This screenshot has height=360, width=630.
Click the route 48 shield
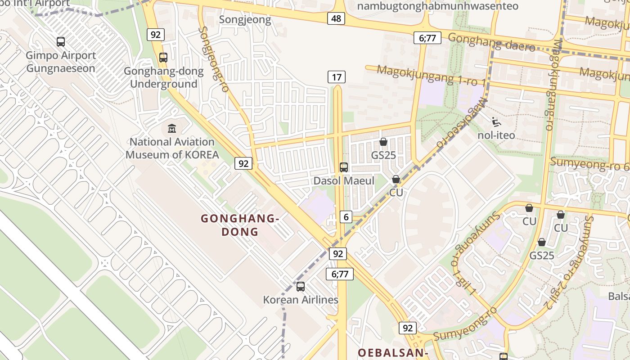pyautogui.click(x=336, y=18)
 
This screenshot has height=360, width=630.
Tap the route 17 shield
pyautogui.click(x=336, y=77)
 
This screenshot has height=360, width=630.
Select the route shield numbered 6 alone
pyautogui.click(x=346, y=217)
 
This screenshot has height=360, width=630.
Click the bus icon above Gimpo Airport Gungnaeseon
pyautogui.click(x=61, y=42)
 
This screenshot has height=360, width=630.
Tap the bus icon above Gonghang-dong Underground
pyautogui.click(x=163, y=58)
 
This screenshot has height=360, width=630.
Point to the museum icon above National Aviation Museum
pyautogui.click(x=172, y=129)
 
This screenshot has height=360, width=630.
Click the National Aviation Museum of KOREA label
pyautogui.click(x=172, y=148)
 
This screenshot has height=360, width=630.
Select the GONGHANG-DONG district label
pyautogui.click(x=240, y=225)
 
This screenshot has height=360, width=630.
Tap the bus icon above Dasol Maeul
pyautogui.click(x=344, y=167)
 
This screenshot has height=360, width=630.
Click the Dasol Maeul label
pyautogui.click(x=344, y=181)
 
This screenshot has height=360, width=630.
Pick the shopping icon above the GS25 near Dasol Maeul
pyautogui.click(x=383, y=142)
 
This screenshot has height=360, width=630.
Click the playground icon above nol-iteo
pyautogui.click(x=496, y=121)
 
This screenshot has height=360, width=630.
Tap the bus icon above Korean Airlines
pyautogui.click(x=301, y=286)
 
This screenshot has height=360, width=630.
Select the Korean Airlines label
pyautogui.click(x=301, y=300)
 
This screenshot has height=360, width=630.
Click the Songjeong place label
pyautogui.click(x=245, y=20)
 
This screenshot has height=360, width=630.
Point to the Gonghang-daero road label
pyautogui.click(x=491, y=42)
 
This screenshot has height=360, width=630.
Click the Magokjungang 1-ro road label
pyautogui.click(x=431, y=76)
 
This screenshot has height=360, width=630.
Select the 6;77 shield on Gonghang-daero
pyautogui.click(x=427, y=38)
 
